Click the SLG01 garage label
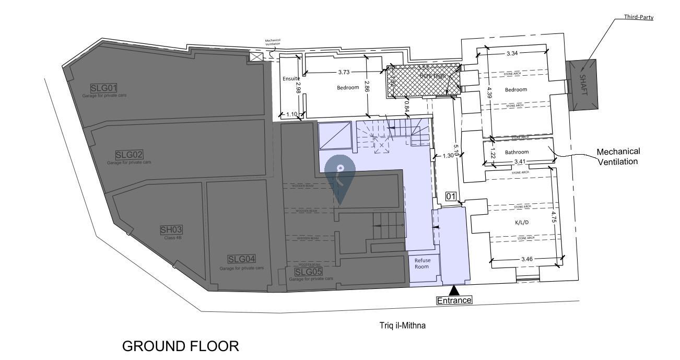click(x=103, y=88)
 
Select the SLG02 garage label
click(x=129, y=155)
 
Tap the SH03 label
click(x=171, y=230)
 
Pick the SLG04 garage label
click(x=241, y=259)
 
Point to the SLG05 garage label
click(x=308, y=272)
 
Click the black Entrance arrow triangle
click(x=454, y=291)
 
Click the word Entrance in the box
click(x=454, y=300)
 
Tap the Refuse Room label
click(x=422, y=263)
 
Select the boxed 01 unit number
click(x=451, y=196)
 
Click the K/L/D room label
click(x=522, y=222)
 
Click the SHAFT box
click(x=583, y=85)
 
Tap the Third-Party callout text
click(x=638, y=17)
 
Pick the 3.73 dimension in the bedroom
click(x=344, y=72)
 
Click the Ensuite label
click(x=291, y=78)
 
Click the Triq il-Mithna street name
click(x=402, y=326)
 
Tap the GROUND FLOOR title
click(x=180, y=346)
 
